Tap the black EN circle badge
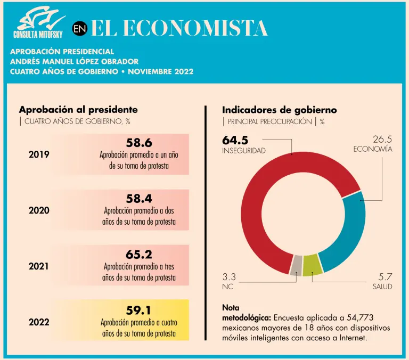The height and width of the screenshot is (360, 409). [x=79, y=29]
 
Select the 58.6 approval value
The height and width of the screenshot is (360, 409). [x=139, y=143]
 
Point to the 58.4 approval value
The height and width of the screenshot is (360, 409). [x=139, y=199]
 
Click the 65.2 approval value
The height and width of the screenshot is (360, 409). [x=139, y=254]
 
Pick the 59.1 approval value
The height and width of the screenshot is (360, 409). [x=139, y=309]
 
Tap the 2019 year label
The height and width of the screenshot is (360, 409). [x=39, y=155]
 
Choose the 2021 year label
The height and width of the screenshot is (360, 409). [x=39, y=266]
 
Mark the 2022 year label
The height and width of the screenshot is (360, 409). [x=39, y=322]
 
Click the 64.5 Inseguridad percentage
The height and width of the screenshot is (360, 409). [x=235, y=140]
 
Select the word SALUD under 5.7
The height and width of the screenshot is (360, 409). [x=382, y=287]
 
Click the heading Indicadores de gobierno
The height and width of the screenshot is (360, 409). [x=279, y=110]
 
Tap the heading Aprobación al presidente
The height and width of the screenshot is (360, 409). [x=78, y=110]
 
